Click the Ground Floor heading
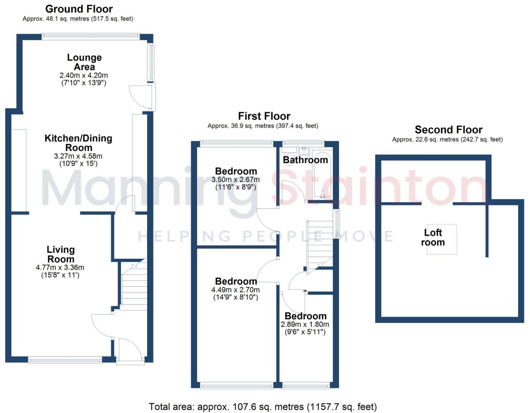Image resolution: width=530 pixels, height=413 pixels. coord(79,9)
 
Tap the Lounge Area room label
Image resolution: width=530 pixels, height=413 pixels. coord(84,62)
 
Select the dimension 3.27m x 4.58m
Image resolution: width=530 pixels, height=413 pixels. coord(78,156)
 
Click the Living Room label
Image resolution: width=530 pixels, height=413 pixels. coord(61,254)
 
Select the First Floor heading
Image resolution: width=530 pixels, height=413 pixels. coord(264,116)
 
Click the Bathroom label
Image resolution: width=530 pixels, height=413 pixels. coord(305,160)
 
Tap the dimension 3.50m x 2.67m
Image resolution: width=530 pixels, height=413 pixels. coord(236,180)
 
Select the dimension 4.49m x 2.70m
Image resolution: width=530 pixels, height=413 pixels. coord(236,290)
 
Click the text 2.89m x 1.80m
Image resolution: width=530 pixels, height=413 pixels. coord(305,324)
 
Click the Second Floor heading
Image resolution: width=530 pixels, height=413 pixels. coord(448,130)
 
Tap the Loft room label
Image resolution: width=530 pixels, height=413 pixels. coord(433,238)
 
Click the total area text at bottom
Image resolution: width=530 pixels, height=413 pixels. coord(263,407)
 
